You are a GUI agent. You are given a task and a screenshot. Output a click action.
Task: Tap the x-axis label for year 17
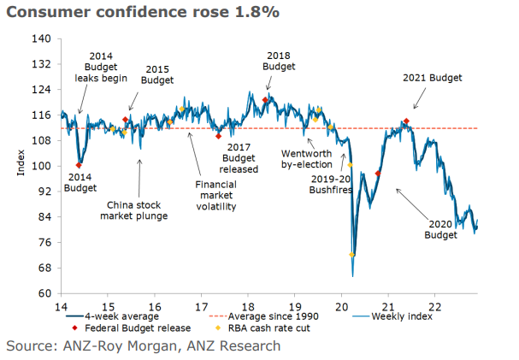pos(201,305)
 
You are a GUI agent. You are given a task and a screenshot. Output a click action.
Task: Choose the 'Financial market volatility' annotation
pos(215,195)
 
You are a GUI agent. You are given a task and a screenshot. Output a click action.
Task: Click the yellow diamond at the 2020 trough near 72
pos(352,255)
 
